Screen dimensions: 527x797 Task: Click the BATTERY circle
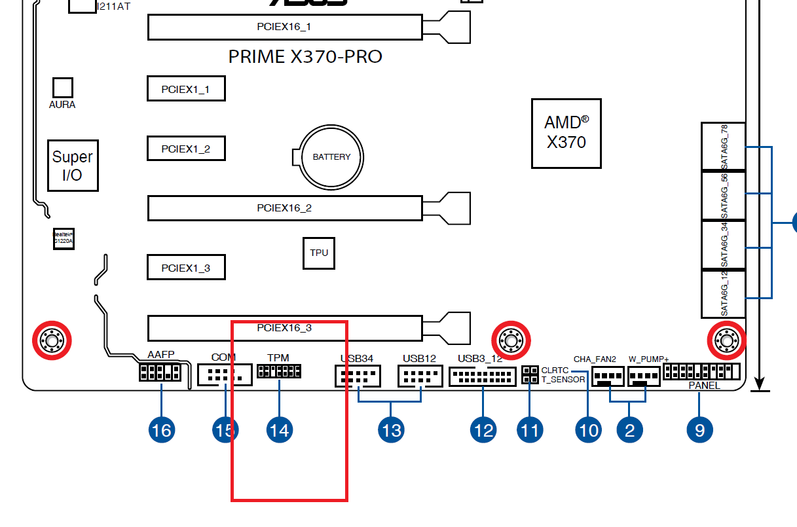pyautogui.click(x=331, y=157)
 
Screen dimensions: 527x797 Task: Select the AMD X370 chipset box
pyautogui.click(x=566, y=133)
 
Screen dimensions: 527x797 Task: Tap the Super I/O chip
pyautogui.click(x=73, y=165)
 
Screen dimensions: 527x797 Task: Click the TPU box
pyautogui.click(x=319, y=253)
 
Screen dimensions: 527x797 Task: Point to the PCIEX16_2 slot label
pyautogui.click(x=284, y=208)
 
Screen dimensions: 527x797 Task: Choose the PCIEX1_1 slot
pyautogui.click(x=186, y=88)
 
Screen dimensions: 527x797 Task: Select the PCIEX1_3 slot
pyautogui.click(x=186, y=268)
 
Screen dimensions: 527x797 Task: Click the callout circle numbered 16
pyautogui.click(x=161, y=430)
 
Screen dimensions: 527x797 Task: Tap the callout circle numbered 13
pyautogui.click(x=390, y=430)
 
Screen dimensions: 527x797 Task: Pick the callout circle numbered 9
pyautogui.click(x=700, y=430)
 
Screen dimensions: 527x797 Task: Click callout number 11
pyautogui.click(x=530, y=430)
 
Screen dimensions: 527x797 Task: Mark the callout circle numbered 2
pyautogui.click(x=629, y=430)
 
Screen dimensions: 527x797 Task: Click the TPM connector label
pyautogui.click(x=278, y=358)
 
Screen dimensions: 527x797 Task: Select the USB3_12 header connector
pyautogui.click(x=483, y=376)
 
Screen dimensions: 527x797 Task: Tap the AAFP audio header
pyautogui.click(x=159, y=373)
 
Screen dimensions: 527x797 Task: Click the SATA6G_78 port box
pyautogui.click(x=724, y=147)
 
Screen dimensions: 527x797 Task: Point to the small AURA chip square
pyautogui.click(x=62, y=88)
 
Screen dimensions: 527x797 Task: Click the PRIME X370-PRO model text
pyautogui.click(x=305, y=57)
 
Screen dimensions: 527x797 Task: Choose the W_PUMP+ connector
pyautogui.click(x=644, y=376)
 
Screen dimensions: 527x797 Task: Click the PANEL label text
pyautogui.click(x=704, y=386)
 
